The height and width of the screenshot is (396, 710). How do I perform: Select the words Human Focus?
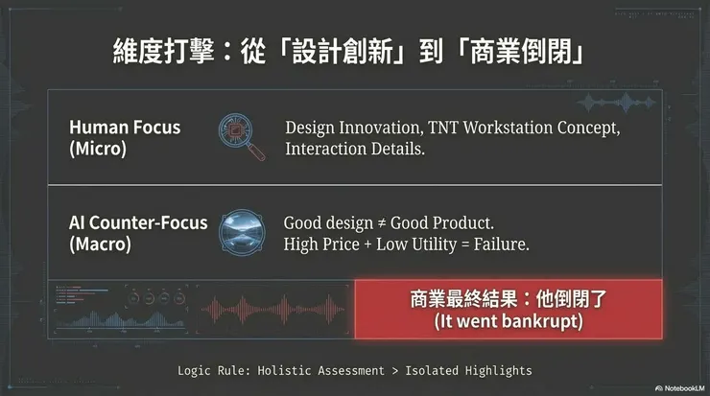(x=125, y=128)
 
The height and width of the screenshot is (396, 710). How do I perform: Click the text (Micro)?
(x=98, y=148)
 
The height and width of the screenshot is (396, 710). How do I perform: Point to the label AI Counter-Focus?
(x=138, y=223)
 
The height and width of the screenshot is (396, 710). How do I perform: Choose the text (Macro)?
(x=101, y=244)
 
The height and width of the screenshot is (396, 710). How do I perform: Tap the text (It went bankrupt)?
(x=508, y=322)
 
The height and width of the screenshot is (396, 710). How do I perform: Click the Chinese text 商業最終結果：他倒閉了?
(x=508, y=299)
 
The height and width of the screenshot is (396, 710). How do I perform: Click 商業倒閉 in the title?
(x=533, y=49)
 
